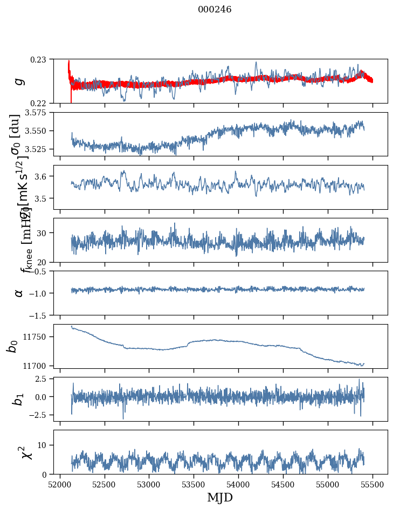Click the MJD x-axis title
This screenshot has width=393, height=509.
pyautogui.click(x=220, y=497)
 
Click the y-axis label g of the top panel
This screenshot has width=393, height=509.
pyautogui.click(x=19, y=81)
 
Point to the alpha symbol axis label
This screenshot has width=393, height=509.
pyautogui.click(x=19, y=293)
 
